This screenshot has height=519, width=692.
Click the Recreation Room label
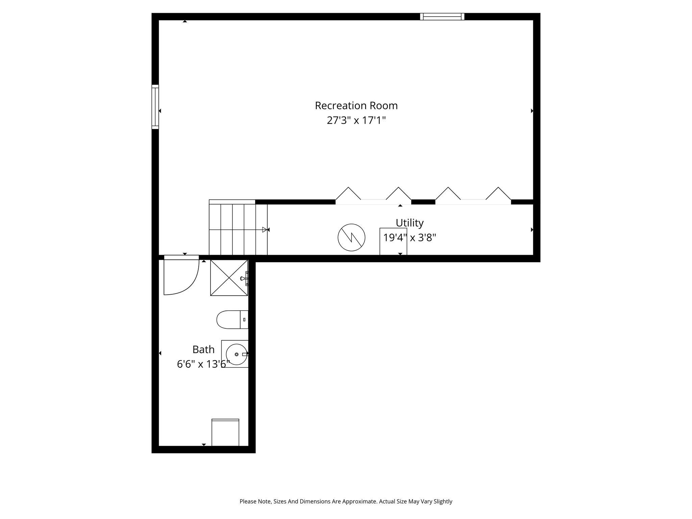356,106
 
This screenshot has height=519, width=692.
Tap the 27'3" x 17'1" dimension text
356,120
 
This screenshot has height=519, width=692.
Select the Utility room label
410,223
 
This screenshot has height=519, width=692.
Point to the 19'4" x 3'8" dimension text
410,238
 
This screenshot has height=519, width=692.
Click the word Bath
203,349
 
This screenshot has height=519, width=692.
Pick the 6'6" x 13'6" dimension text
203,364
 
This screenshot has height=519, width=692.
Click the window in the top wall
442,17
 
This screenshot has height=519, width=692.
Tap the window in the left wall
155,107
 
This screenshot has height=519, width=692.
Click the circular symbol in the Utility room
351,237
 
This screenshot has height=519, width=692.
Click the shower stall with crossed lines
229,278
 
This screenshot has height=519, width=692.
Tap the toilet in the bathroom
232,320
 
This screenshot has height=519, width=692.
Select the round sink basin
237,354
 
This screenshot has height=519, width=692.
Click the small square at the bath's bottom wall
225,432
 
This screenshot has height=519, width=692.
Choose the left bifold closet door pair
373,196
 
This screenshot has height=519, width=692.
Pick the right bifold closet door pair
473,196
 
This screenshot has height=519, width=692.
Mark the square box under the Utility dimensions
393,242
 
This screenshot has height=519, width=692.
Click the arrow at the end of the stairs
265,230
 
